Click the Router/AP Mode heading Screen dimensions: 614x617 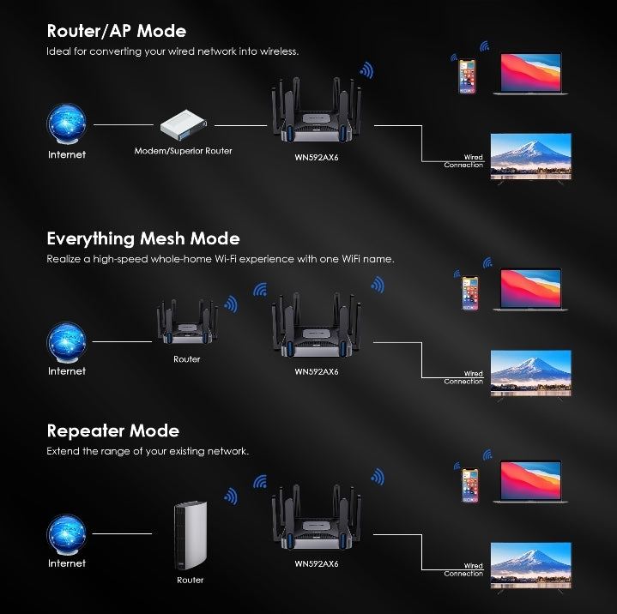[x=116, y=32]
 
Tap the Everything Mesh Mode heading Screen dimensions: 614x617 [x=142, y=238]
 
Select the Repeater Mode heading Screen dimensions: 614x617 [x=112, y=430]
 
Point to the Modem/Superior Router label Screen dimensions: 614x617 [x=183, y=151]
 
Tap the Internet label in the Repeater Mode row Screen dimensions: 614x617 [x=67, y=563]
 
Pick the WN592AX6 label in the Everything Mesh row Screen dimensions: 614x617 [x=317, y=372]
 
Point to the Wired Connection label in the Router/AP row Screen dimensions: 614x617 [x=464, y=161]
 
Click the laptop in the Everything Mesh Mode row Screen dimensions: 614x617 [x=529, y=290]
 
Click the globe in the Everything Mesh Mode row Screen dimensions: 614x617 [x=67, y=341]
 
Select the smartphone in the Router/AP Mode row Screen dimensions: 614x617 [x=466, y=75]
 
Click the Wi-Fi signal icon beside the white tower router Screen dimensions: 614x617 [x=229, y=496]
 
